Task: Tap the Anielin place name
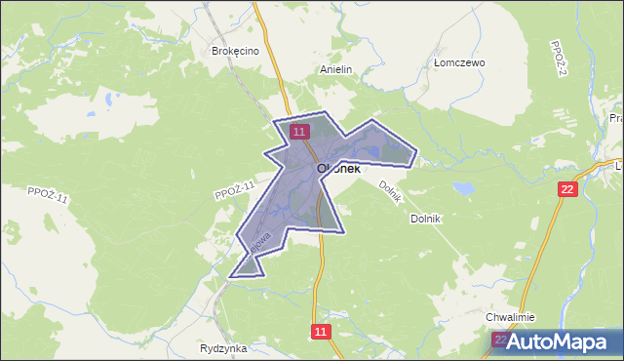coord(335,70)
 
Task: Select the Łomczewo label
coord(459,62)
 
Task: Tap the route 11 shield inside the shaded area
coord(299,131)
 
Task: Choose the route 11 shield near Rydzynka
coord(323,332)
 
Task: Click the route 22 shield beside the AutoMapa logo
coord(501,340)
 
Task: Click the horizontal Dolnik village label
coord(427,219)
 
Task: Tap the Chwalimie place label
coord(510,318)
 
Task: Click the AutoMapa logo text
coord(565,341)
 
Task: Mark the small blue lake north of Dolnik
coord(462,186)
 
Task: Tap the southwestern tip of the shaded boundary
coord(231,277)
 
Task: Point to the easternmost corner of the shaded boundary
coord(417,152)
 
